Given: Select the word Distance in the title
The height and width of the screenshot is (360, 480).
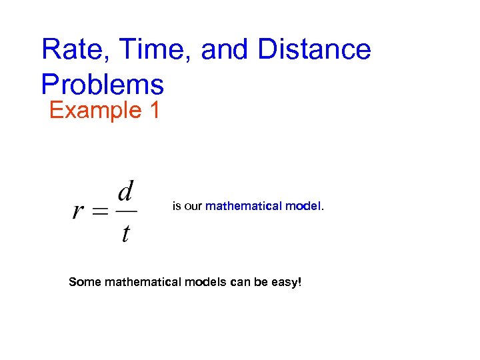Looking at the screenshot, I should pos(314,50).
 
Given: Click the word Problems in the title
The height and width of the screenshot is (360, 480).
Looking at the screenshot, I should pos(102,85).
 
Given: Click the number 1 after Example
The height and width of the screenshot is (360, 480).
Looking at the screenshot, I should pos(154,110).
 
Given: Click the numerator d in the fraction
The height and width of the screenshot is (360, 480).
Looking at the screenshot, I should pos(125,193).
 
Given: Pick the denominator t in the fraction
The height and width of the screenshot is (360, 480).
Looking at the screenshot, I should pos(125,234).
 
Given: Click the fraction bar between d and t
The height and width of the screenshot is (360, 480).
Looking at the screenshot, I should pos(125,212).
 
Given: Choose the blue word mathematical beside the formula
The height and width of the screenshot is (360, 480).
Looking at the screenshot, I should pos(243,207).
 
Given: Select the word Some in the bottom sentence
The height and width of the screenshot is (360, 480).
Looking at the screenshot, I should pos(84,282).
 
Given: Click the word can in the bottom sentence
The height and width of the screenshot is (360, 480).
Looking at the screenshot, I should pos(239,282).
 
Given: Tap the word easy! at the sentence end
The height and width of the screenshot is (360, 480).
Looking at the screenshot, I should pos(286,283).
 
